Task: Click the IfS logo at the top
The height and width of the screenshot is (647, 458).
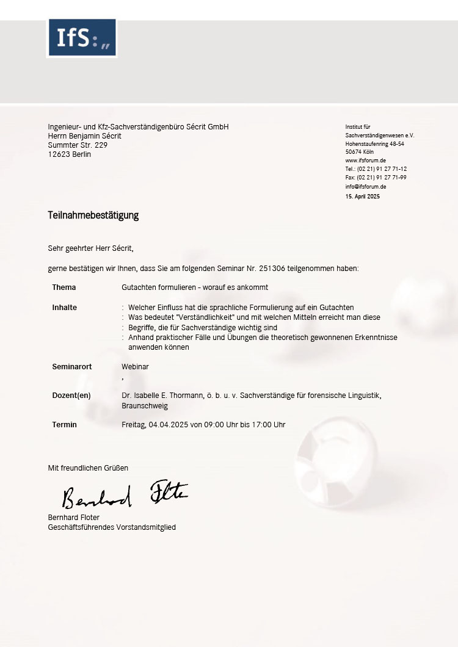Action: coord(82,38)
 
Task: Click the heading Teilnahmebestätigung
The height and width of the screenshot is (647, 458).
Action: coord(93,215)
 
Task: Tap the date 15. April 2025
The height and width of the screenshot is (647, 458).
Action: coord(363,197)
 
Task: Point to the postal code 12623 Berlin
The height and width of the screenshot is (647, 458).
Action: coord(70,154)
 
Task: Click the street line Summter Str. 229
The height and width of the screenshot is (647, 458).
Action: coord(78,145)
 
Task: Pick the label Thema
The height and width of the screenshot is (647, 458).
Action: coord(64,287)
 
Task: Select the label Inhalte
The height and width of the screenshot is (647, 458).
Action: coord(65,308)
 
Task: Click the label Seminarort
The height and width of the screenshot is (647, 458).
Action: coord(72,367)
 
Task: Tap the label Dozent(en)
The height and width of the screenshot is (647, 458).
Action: coord(71,396)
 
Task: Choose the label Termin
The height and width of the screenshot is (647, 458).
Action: coord(65,425)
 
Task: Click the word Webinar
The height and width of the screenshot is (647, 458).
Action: coord(135,367)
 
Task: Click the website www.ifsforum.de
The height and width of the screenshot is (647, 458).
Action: coord(365,161)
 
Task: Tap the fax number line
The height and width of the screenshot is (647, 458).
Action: coord(376,178)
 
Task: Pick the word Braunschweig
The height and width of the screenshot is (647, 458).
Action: coord(145,406)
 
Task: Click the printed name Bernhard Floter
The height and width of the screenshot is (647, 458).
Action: coord(74,518)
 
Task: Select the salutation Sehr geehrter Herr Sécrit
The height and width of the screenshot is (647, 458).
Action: coord(90,248)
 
